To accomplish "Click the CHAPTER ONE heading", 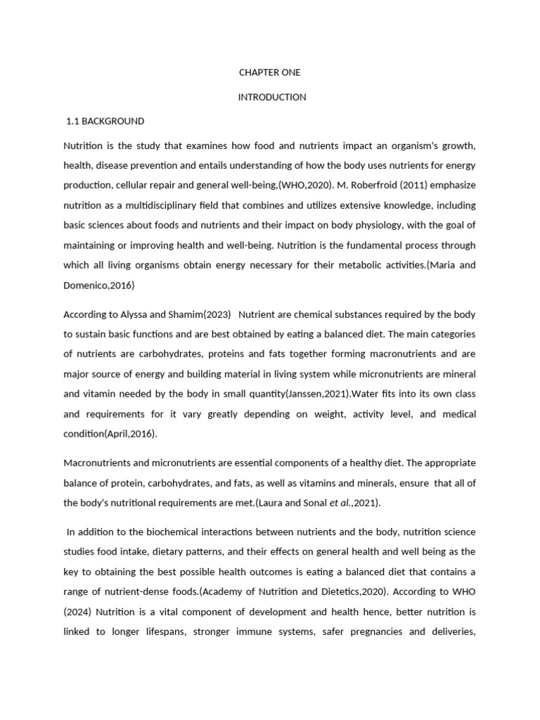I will coord(270,73).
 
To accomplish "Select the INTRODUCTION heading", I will coord(272,97).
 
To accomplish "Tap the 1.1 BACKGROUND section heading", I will coord(105,121).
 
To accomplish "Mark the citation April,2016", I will coord(131,434).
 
